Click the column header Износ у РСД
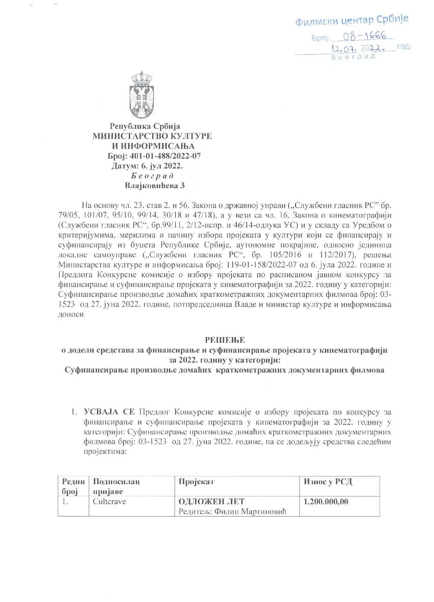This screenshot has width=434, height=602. [x=328, y=481]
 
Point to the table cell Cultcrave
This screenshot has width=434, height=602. [x=110, y=501]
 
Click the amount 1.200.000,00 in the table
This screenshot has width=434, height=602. [x=326, y=501]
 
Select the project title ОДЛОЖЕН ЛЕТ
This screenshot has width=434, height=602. [x=211, y=501]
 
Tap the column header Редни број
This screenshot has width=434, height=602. [x=73, y=486]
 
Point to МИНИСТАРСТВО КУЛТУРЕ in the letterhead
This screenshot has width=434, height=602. [x=152, y=136]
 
